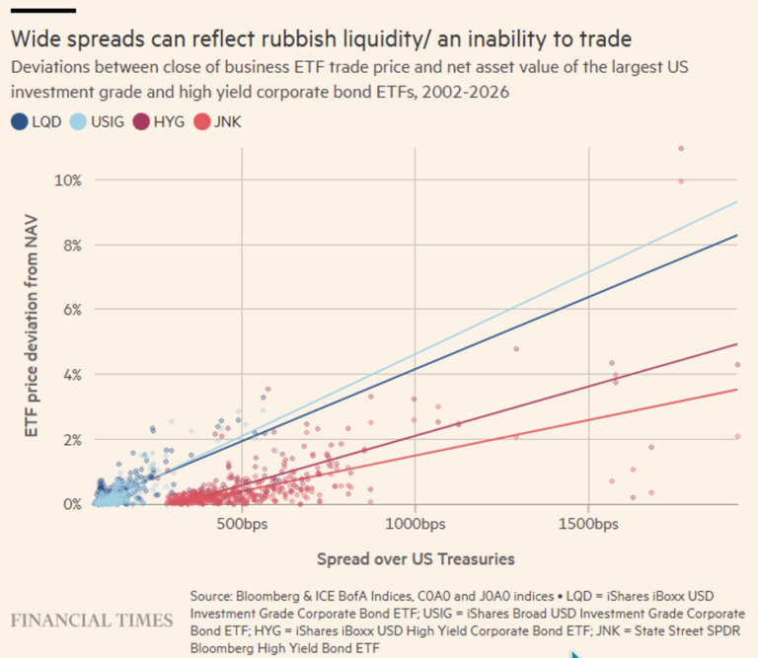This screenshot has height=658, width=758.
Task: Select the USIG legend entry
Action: pos(107,122)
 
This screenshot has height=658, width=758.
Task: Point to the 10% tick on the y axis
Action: pos(68,181)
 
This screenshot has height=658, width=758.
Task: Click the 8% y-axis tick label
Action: pos(72,245)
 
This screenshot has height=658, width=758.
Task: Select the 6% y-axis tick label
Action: pos(72,310)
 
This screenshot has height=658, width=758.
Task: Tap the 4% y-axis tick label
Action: pos(72,375)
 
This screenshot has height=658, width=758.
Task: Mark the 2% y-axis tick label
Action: pos(72,439)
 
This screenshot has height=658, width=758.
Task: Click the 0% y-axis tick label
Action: pos(72,504)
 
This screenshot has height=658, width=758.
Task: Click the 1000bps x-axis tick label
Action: pos(414,522)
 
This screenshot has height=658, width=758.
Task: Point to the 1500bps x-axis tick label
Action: pos(588,522)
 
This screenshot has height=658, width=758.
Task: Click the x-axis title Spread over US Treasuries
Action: pos(416,559)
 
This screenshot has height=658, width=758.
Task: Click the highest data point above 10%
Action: pos(681,149)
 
